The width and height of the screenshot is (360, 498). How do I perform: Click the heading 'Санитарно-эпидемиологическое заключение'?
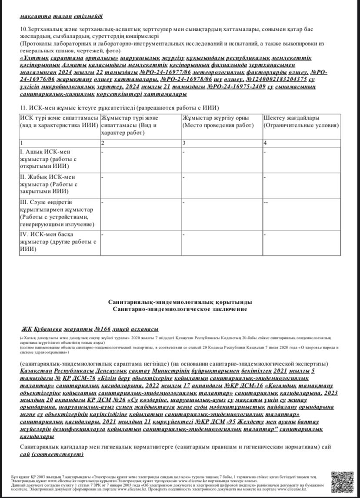point(180,309)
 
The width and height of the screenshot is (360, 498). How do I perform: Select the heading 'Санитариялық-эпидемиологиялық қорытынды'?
point(180,302)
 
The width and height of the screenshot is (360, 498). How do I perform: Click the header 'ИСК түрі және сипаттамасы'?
point(58,122)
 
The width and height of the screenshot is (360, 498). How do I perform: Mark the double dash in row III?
point(266,203)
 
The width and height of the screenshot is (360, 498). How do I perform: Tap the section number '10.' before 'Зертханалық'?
point(23,29)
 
